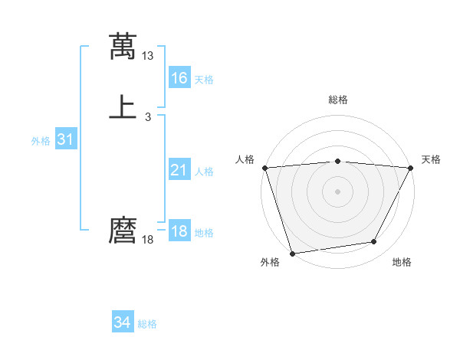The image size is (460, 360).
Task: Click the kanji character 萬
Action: pyautogui.click(x=123, y=47)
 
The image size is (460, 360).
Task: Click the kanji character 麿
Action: pyautogui.click(x=123, y=231)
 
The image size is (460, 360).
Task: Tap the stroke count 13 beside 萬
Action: pyautogui.click(x=148, y=56)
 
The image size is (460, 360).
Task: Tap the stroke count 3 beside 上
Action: pyautogui.click(x=148, y=117)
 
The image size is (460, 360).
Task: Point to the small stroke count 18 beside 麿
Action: pyautogui.click(x=148, y=240)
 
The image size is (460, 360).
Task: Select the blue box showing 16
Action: pyautogui.click(x=179, y=78)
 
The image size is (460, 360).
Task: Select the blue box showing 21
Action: pyautogui.click(x=179, y=171)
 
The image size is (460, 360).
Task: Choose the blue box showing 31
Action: pyautogui.click(x=65, y=140)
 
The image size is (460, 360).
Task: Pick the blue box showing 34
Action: pyautogui.click(x=123, y=323)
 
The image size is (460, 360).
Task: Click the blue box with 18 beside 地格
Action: pyautogui.click(x=179, y=232)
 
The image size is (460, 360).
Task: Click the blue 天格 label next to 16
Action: pyautogui.click(x=204, y=80)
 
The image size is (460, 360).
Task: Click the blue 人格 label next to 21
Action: pyautogui.click(x=204, y=172)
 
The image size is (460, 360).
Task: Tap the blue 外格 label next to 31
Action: pyautogui.click(x=41, y=141)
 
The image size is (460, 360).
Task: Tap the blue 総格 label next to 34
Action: pyautogui.click(x=147, y=324)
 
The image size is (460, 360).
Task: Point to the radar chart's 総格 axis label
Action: pyautogui.click(x=337, y=100)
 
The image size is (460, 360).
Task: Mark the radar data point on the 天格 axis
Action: pyautogui.click(x=411, y=168)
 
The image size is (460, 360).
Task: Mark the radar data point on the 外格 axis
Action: pyautogui.click(x=292, y=253)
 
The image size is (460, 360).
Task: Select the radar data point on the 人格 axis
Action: pyautogui.click(x=264, y=168)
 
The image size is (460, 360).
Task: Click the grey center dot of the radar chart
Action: pyautogui.click(x=337, y=191)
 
